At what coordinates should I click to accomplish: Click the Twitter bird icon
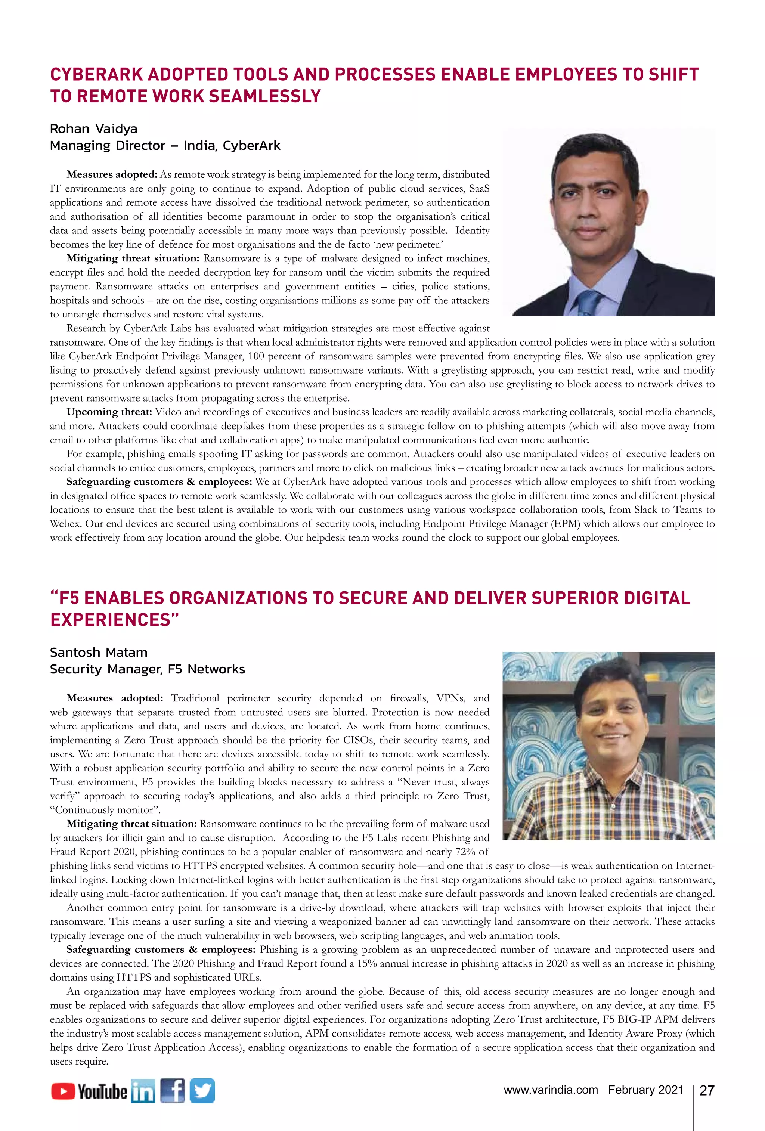[202, 1091]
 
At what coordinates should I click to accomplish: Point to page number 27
[707, 1091]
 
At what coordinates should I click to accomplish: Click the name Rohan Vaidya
[93, 128]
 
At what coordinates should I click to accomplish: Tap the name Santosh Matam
[98, 652]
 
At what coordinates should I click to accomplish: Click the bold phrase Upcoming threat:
[109, 412]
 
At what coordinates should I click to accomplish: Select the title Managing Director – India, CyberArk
[165, 146]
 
